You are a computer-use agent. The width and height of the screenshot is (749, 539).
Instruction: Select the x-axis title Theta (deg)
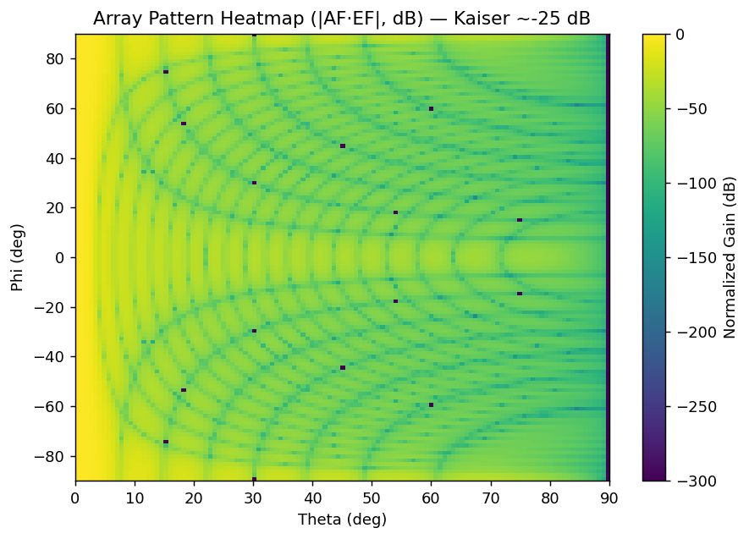pyautogui.click(x=342, y=519)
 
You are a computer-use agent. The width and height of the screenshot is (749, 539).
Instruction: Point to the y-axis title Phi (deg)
pyautogui.click(x=18, y=257)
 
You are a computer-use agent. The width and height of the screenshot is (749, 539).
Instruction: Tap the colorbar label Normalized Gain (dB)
pyautogui.click(x=730, y=257)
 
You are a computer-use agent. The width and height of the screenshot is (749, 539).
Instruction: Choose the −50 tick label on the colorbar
pyautogui.click(x=687, y=108)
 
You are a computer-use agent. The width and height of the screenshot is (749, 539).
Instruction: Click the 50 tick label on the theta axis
pyautogui.click(x=372, y=497)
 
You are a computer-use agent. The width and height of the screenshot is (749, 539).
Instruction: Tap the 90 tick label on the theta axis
pyautogui.click(x=609, y=497)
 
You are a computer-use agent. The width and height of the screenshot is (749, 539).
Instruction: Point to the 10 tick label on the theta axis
pyautogui.click(x=135, y=497)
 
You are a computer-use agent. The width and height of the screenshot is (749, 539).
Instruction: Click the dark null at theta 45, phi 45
pyautogui.click(x=343, y=146)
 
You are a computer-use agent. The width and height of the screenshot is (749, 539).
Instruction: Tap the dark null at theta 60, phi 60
pyautogui.click(x=431, y=109)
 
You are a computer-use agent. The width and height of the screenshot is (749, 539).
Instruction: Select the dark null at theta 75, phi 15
pyautogui.click(x=520, y=220)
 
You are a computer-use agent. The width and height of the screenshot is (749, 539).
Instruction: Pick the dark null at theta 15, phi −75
pyautogui.click(x=166, y=442)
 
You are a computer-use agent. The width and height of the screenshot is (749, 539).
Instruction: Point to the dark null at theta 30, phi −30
pyautogui.click(x=254, y=331)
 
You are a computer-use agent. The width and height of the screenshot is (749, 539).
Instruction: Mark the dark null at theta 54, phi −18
pyautogui.click(x=395, y=301)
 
